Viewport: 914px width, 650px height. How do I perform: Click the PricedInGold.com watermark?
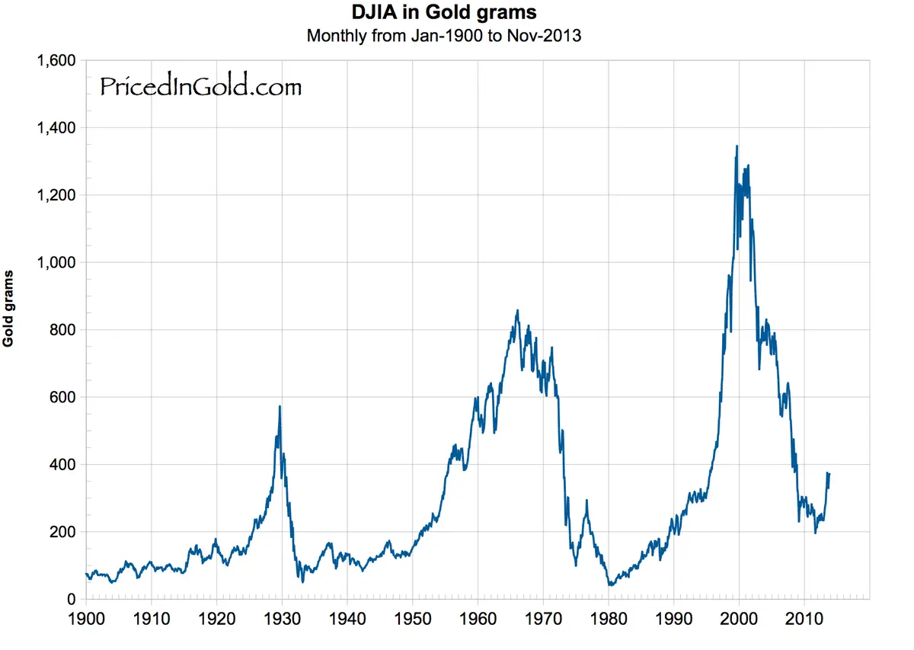point(201,87)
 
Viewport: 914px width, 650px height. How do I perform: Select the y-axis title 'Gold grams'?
point(8,308)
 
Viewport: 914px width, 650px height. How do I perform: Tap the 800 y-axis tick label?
point(62,330)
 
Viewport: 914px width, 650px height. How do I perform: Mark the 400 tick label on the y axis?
point(62,464)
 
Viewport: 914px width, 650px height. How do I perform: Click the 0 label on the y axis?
point(71,599)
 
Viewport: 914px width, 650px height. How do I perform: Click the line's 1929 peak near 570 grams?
point(280,407)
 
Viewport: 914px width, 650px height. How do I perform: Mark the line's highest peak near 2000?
point(737,146)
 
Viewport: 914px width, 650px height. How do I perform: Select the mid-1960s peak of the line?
point(518,311)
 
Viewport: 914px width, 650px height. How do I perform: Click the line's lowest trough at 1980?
point(610,585)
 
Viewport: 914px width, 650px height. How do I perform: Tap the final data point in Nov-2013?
point(829,474)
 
